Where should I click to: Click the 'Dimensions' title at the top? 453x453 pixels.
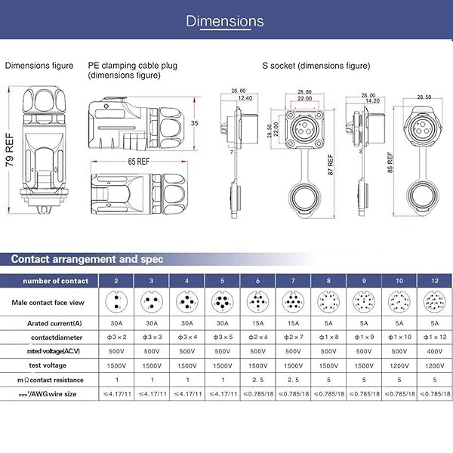point(225,21)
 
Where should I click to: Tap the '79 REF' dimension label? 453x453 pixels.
point(10,151)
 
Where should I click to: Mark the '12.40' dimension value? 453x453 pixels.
point(245,99)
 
